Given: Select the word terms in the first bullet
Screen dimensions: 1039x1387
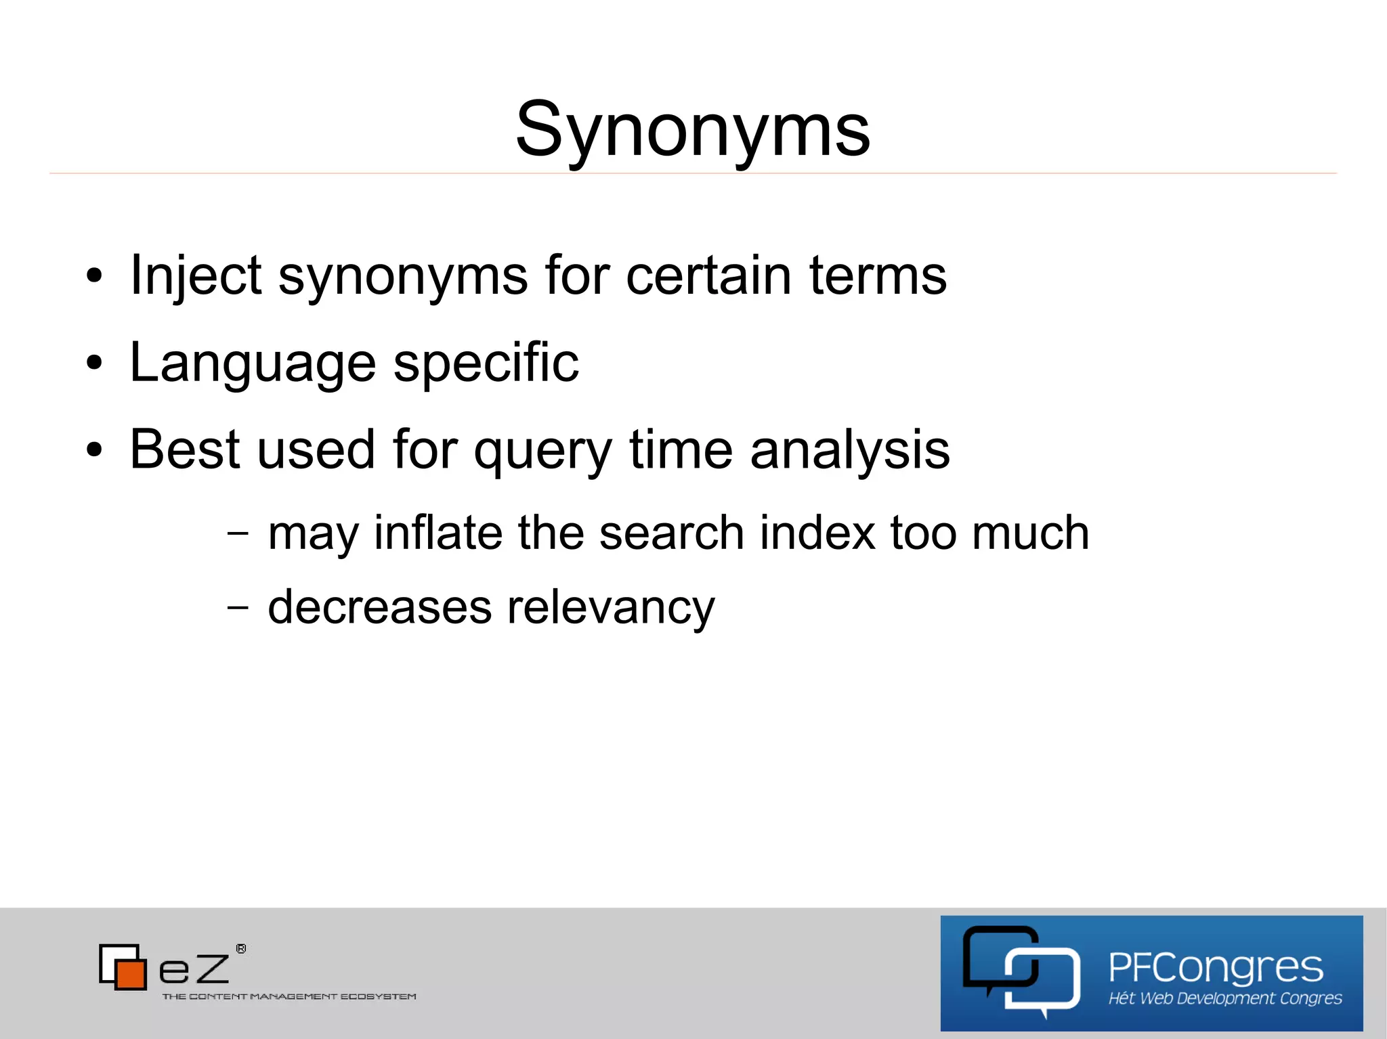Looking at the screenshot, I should (878, 275).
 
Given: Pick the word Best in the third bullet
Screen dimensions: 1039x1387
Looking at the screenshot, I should (185, 449).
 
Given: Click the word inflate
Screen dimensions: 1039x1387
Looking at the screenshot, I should (438, 533).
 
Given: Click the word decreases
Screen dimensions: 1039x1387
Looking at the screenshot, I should (379, 606).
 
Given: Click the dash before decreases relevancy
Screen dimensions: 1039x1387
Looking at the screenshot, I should (238, 607).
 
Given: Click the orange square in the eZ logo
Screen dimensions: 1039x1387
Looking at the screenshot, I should (131, 974).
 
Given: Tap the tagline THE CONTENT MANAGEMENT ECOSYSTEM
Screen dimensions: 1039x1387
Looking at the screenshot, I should (289, 996).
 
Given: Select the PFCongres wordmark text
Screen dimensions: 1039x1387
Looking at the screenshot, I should (1216, 968).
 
